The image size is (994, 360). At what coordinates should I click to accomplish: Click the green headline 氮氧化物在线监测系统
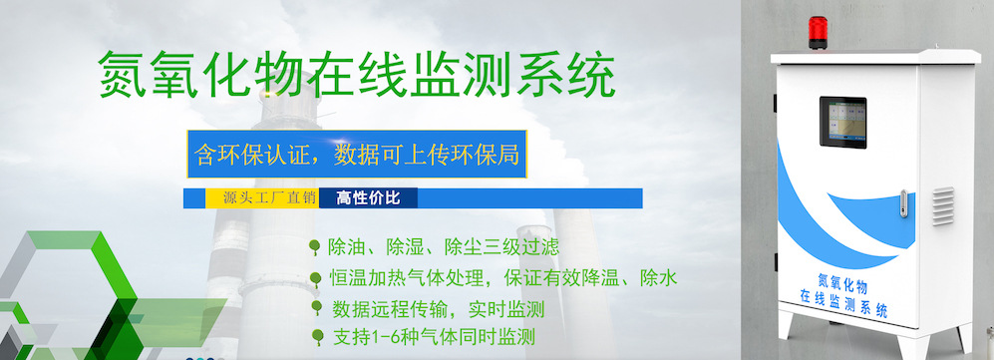(356, 74)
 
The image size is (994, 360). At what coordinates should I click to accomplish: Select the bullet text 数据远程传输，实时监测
(438, 307)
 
